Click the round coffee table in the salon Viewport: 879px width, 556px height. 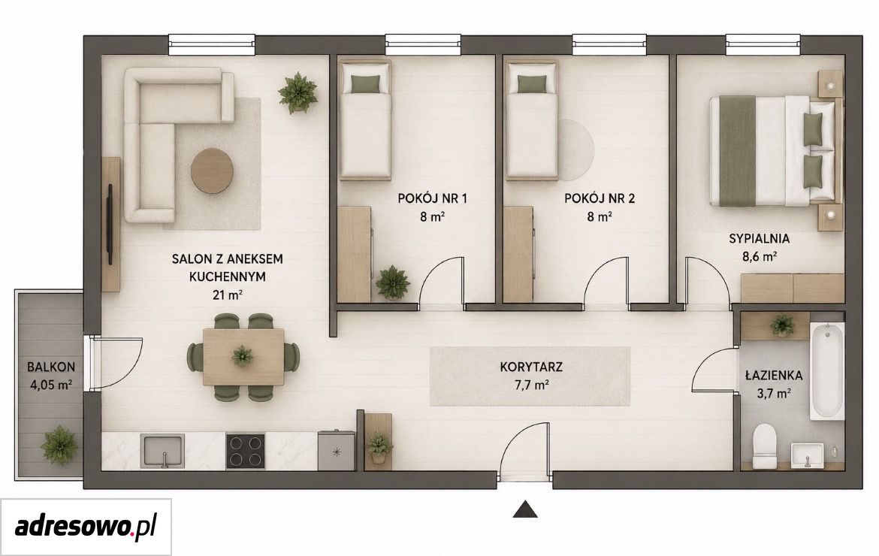coord(213,171)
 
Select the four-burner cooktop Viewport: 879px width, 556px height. coord(246,451)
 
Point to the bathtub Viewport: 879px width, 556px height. coord(826,372)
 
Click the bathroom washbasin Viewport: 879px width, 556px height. coord(807,455)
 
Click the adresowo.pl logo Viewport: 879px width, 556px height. coord(85,527)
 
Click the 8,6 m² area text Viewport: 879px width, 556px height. coord(759,257)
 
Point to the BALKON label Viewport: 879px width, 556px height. coord(51,367)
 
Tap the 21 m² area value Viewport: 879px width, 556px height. coord(227,295)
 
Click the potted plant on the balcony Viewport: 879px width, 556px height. coord(59,443)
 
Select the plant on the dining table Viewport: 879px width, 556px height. coord(242,355)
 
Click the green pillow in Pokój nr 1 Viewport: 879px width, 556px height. coord(364,83)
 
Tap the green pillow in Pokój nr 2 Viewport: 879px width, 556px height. coord(531,83)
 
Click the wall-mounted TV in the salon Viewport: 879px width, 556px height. coord(110,224)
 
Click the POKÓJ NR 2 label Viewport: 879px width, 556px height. coord(600,198)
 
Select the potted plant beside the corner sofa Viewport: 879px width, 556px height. coord(298,92)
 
